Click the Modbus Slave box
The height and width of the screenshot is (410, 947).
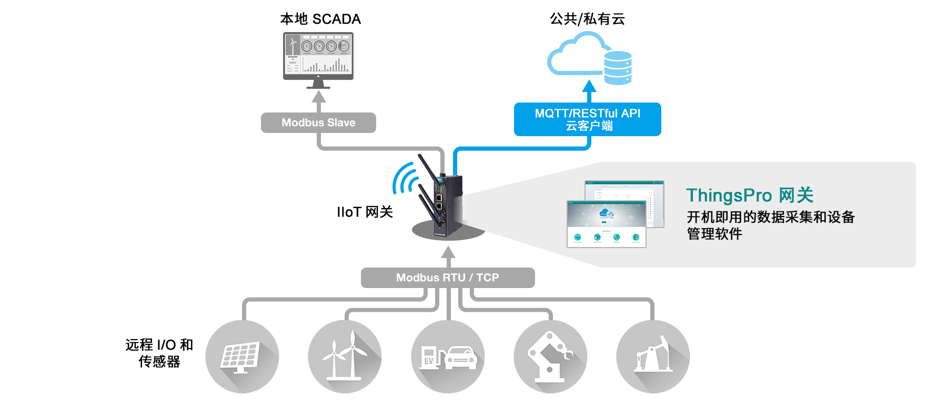coord(318,122)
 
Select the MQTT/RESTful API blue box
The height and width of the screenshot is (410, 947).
coord(587,119)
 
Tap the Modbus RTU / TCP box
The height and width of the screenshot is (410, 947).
coord(448,278)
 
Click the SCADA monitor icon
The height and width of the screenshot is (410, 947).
coord(318,57)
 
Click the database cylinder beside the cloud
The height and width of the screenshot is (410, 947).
coord(618,68)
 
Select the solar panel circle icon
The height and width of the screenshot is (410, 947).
coord(242,356)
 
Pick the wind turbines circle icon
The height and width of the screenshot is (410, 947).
coord(345,356)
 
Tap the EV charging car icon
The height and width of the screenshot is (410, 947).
coord(448,356)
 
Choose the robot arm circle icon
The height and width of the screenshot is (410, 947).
coord(550,356)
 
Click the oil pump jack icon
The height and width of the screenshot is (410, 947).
coord(653,356)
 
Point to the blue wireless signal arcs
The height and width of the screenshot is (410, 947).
coord(405,179)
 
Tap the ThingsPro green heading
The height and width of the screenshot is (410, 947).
coord(750,196)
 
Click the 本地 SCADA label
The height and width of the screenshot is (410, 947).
coord(320,19)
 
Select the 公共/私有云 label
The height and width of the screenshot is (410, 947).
coord(587,19)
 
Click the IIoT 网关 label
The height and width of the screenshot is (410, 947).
coord(365,212)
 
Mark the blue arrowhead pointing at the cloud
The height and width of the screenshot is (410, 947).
coord(589,86)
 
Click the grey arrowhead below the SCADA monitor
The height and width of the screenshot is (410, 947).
coord(318,97)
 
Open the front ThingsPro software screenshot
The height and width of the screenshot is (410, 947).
coord(606,223)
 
